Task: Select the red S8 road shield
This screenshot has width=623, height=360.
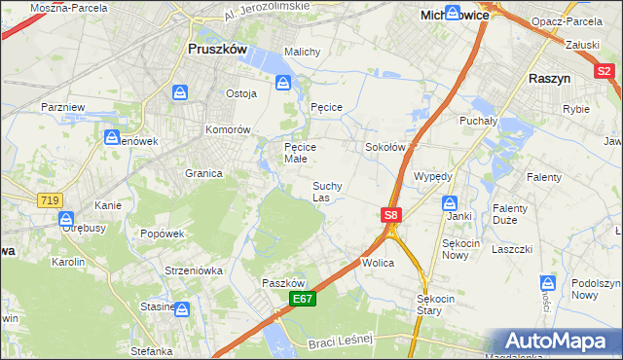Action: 390,214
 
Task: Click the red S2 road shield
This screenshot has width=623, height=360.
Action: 605,70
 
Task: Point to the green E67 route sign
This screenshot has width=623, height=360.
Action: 302,301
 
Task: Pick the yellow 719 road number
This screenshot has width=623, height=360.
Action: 50,199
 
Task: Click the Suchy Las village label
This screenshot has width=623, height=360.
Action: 326,191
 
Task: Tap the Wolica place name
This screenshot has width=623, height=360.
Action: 378,263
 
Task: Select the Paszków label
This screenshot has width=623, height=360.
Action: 284,282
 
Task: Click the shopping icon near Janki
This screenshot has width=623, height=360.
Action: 450,202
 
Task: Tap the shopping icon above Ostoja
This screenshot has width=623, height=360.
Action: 180,92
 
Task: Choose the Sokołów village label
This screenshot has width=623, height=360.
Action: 384,148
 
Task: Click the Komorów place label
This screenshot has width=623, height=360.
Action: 228,129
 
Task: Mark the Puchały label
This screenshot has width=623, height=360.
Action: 478,122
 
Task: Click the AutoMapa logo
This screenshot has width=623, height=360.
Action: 558,341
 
